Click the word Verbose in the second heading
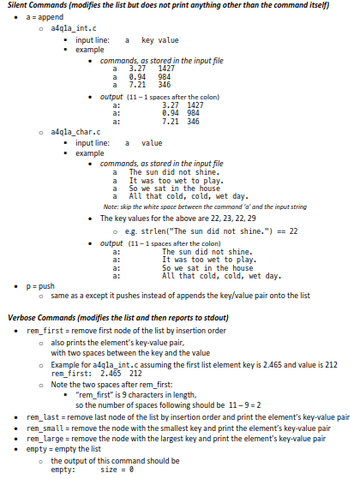pos(23,317)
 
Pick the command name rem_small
pos(45,428)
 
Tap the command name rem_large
pos(45,438)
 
